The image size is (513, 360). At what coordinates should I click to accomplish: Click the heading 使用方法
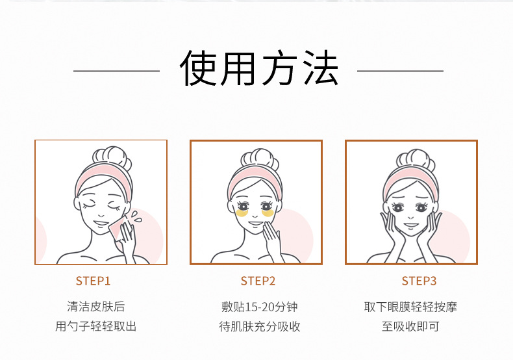click(x=258, y=69)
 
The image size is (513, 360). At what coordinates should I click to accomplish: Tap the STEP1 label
click(x=94, y=281)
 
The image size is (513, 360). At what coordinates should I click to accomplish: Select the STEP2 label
click(x=258, y=281)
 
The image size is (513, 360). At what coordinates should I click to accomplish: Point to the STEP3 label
click(x=419, y=281)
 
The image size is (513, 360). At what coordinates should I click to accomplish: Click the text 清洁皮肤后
click(x=95, y=306)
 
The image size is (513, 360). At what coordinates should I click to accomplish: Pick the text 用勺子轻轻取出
click(x=95, y=326)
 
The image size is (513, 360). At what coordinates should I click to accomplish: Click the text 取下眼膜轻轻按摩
click(x=410, y=306)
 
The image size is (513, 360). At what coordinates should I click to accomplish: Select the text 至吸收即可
click(x=410, y=326)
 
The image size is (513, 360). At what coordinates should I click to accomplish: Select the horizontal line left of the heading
click(x=116, y=70)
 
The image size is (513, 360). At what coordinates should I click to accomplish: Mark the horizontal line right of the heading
click(x=401, y=70)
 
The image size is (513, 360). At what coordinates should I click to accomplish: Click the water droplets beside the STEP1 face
click(x=134, y=216)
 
